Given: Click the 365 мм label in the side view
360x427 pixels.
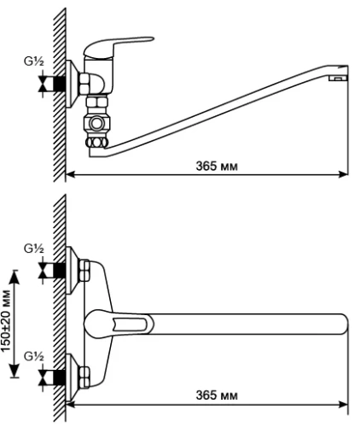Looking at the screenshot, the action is (x=217, y=166).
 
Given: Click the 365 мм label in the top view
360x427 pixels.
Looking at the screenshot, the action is (x=217, y=395).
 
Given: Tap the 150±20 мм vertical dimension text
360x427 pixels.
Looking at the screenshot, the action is (x=5, y=320).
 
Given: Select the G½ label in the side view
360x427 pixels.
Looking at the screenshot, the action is (x=34, y=61).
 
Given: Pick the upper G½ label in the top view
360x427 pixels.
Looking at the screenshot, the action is (x=34, y=249).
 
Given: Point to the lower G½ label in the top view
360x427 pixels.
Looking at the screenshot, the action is (x=34, y=356).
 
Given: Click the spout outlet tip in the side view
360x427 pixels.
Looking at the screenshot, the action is (x=339, y=78).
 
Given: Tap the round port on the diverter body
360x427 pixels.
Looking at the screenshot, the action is (x=96, y=124).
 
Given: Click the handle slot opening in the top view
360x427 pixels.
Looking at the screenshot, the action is (x=130, y=324).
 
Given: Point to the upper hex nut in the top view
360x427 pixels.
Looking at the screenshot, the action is (x=84, y=271).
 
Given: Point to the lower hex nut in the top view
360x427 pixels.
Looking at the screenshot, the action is (x=84, y=377).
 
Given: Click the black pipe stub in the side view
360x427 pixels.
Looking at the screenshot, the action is (x=59, y=84).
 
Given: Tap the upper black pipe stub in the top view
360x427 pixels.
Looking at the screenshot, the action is (x=59, y=271).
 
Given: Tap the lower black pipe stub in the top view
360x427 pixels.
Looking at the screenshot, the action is (x=59, y=377).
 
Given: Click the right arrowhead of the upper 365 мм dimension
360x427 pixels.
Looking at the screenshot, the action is (x=343, y=174).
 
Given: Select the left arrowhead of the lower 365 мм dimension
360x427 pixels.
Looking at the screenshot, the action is (x=71, y=404).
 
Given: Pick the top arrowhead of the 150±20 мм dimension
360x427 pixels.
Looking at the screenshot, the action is (x=15, y=277).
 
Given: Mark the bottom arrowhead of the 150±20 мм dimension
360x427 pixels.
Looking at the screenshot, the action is (x=15, y=371).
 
